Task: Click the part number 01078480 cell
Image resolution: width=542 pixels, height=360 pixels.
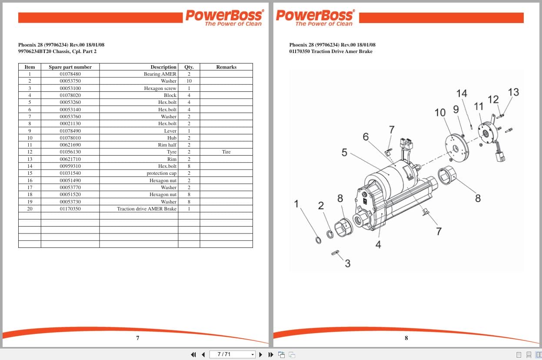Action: [70, 74]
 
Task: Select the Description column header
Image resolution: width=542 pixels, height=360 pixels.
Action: [163, 67]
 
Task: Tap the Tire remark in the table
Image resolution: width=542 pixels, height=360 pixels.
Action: [226, 152]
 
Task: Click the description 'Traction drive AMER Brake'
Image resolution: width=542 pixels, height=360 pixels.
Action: [146, 209]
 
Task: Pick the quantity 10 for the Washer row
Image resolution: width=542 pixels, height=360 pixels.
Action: [189, 81]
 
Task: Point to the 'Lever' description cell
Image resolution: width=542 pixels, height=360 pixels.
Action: [170, 131]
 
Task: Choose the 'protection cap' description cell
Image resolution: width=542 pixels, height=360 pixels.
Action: [161, 173]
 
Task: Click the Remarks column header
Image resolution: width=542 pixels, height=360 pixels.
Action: [226, 67]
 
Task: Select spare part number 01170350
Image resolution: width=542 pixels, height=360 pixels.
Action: [70, 209]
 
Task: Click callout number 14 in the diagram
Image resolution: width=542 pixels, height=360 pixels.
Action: [462, 93]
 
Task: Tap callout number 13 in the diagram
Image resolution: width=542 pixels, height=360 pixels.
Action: [513, 92]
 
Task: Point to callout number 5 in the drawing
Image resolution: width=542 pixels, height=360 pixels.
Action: [344, 153]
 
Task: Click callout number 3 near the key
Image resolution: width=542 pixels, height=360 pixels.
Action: [347, 263]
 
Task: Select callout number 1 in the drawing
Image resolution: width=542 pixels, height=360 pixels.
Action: [296, 203]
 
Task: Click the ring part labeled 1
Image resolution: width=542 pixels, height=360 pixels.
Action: [318, 240]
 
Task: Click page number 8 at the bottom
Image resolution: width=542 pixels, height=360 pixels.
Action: [406, 338]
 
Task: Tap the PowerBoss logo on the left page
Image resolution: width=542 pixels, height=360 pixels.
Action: [224, 17]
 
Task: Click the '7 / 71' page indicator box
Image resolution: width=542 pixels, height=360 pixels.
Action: [232, 354]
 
